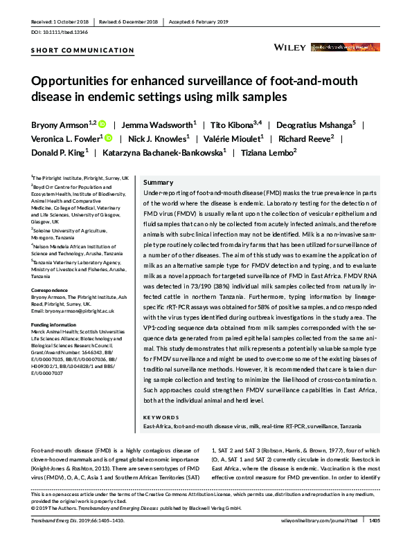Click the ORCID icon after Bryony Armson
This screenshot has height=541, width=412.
point(101,125)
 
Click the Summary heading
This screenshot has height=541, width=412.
point(158,181)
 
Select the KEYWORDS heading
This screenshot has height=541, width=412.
point(161,419)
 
